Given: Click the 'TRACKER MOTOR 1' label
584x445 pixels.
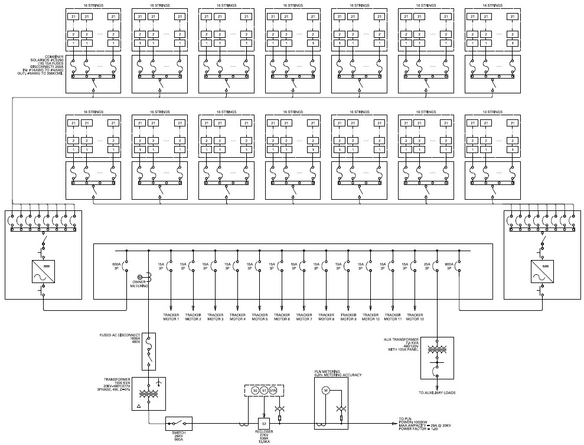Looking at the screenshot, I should [x=171, y=317].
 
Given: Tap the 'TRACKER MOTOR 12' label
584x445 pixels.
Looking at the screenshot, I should [x=415, y=317].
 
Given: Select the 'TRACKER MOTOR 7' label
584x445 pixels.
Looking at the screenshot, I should [x=304, y=317].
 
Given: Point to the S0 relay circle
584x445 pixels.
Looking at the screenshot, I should [x=255, y=391].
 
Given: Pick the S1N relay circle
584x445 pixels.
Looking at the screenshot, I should [x=273, y=391].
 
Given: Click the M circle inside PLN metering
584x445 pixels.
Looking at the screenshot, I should [x=324, y=391].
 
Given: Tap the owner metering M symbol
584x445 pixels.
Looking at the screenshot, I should [x=140, y=277].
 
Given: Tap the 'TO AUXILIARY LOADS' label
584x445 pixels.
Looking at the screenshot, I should [x=437, y=392].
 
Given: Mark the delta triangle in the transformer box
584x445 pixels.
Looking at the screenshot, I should [x=138, y=407].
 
